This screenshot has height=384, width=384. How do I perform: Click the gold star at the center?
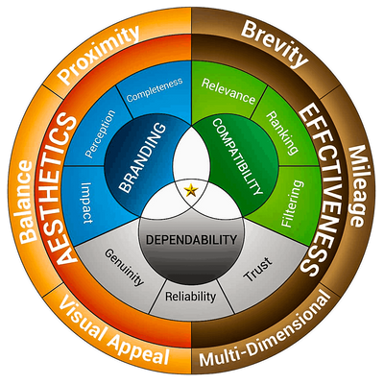point(191,190)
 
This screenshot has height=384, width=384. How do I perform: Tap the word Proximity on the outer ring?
point(100,55)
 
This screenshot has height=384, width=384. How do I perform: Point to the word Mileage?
point(356,186)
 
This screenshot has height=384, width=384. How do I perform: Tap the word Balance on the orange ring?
point(26,202)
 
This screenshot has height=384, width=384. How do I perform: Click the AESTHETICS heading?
point(64,188)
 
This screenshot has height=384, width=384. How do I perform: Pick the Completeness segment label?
point(155,89)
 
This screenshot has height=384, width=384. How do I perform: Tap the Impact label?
point(84,204)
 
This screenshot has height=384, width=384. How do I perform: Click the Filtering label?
point(292,204)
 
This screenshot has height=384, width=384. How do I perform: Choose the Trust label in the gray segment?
point(258,270)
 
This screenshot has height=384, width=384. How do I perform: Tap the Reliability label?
point(191,297)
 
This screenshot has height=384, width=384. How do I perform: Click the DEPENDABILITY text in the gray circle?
point(191,239)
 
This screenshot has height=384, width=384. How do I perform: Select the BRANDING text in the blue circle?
point(143,157)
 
